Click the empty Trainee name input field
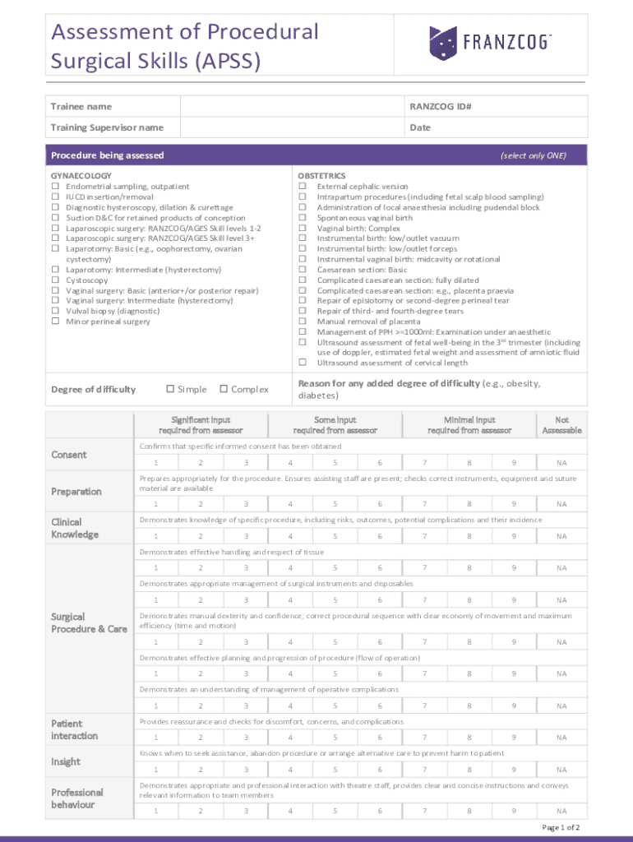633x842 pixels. [x=291, y=107]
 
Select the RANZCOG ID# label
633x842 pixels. [x=440, y=107]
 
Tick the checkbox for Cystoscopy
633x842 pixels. [x=55, y=280]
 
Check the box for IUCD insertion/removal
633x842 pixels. [x=55, y=197]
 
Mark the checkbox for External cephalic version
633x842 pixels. [x=302, y=187]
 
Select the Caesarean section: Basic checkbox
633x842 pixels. [x=302, y=270]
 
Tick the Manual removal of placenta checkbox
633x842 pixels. [x=302, y=322]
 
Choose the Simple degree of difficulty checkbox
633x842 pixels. [x=170, y=389]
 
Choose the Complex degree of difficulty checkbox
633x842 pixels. [x=223, y=389]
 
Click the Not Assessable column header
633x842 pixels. [x=561, y=425]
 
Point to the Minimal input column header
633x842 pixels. [x=469, y=425]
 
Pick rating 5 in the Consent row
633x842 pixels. [x=335, y=462]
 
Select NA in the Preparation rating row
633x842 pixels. [x=561, y=504]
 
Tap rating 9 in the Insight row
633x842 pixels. [x=514, y=770]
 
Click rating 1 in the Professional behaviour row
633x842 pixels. [x=156, y=811]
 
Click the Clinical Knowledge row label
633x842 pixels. [x=75, y=528]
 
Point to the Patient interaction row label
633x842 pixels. [x=74, y=729]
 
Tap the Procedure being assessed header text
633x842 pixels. [x=107, y=155]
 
